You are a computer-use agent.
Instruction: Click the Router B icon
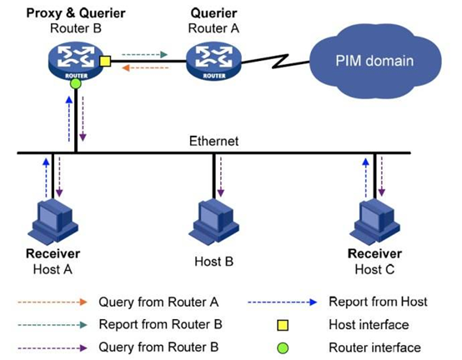click(x=76, y=61)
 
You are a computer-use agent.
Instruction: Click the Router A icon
click(x=214, y=61)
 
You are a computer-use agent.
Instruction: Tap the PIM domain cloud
click(x=374, y=61)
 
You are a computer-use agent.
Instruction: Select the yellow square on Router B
click(x=105, y=61)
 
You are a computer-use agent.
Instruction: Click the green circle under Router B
click(x=76, y=84)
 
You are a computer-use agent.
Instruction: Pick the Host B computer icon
click(x=214, y=221)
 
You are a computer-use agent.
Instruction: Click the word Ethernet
click(x=213, y=141)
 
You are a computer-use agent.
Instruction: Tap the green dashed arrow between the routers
click(x=144, y=54)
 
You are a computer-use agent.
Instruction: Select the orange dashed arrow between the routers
click(x=145, y=68)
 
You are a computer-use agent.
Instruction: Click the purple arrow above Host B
click(x=221, y=177)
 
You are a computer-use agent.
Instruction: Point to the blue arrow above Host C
click(x=366, y=177)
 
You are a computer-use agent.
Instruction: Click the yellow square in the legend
click(x=283, y=325)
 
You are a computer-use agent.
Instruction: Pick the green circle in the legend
click(x=283, y=348)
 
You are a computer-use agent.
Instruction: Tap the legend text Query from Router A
click(x=158, y=302)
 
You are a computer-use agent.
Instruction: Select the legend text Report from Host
click(x=378, y=302)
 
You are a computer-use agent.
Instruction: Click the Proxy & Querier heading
click(x=76, y=13)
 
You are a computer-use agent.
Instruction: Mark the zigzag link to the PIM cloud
click(x=275, y=62)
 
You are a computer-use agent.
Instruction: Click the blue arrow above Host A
click(x=46, y=177)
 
